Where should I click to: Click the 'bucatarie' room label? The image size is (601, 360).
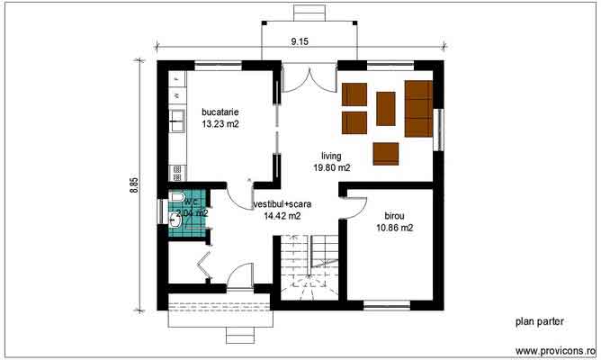tap(220, 113)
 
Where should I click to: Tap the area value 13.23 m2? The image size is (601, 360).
tap(220, 126)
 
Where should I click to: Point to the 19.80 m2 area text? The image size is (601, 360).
tap(331, 167)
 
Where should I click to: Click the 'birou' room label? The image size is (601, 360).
tap(393, 216)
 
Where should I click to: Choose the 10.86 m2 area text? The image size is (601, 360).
tap(394, 229)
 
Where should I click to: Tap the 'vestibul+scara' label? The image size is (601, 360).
tap(282, 204)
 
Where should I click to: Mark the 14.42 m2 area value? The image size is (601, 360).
tap(282, 216)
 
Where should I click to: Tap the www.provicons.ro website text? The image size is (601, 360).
tap(555, 350)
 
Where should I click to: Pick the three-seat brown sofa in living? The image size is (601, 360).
tap(418, 102)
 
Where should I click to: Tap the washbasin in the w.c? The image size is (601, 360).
tap(175, 219)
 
